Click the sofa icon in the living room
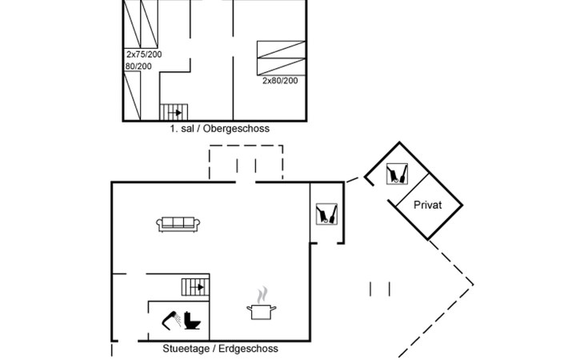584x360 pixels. (x=179, y=224)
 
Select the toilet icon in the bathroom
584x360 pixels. (x=193, y=320)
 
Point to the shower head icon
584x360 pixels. (x=171, y=319)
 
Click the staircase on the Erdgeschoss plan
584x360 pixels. (x=194, y=286)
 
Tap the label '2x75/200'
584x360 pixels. (x=143, y=54)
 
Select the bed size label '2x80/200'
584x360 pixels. (x=280, y=81)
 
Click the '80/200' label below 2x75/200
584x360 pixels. (x=138, y=66)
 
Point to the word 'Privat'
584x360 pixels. (x=428, y=205)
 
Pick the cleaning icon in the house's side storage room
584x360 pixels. (x=326, y=214)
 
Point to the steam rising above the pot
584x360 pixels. (x=261, y=294)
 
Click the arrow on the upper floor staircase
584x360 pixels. (x=178, y=113)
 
